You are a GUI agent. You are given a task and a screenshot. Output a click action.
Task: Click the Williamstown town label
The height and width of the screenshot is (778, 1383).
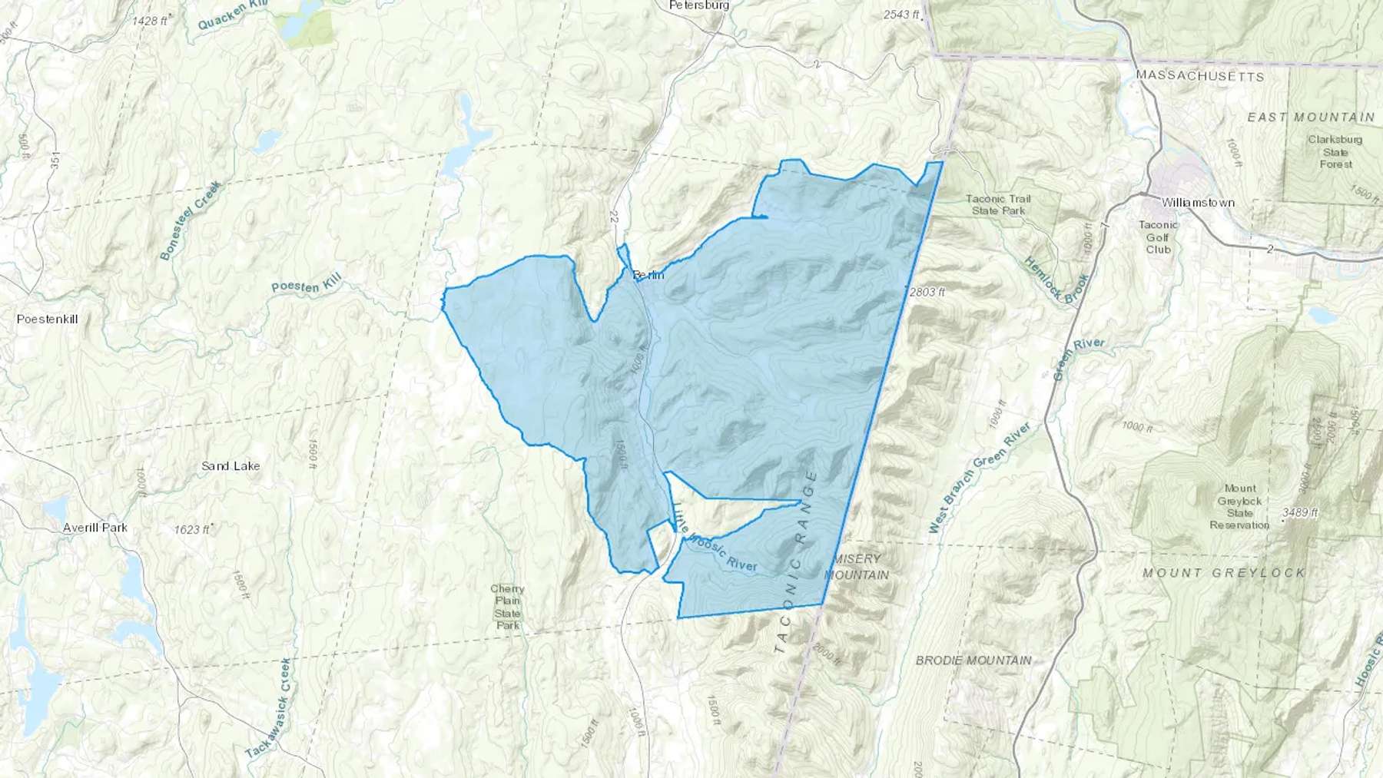[x=1198, y=203]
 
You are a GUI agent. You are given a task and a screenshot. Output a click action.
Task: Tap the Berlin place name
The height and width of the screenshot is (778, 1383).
[x=648, y=275]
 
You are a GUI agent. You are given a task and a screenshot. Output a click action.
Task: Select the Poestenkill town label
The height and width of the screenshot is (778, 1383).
[x=48, y=319]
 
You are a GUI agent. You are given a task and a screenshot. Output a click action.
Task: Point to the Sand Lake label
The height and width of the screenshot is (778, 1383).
[x=230, y=466]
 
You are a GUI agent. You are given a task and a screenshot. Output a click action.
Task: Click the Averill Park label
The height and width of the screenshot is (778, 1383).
[x=96, y=528]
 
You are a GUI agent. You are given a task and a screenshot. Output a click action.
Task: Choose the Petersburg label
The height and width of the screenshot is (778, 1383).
[x=698, y=5]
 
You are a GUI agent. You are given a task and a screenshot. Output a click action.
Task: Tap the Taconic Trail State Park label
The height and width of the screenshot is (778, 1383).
[x=998, y=204]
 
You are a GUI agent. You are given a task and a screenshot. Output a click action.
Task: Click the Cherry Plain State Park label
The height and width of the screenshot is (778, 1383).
[x=507, y=608]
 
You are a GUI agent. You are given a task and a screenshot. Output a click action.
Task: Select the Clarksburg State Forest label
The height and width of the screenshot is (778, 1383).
[x=1335, y=151]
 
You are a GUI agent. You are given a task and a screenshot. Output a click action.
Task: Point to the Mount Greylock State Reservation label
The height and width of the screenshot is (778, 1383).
[x=1239, y=506]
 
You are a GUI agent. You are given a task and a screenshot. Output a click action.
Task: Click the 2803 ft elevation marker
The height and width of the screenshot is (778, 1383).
[x=927, y=292]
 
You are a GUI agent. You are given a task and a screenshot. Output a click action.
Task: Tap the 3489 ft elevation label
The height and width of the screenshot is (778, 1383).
[x=1300, y=512]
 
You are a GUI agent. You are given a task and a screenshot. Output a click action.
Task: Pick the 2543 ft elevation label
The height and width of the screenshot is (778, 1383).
[x=901, y=15]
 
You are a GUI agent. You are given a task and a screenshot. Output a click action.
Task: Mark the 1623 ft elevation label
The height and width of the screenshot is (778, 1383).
[x=191, y=529]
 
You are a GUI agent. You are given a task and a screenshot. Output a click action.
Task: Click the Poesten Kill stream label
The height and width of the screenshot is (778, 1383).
[x=306, y=284]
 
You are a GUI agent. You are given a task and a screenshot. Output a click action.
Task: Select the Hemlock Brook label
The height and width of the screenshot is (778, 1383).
[x=1056, y=281]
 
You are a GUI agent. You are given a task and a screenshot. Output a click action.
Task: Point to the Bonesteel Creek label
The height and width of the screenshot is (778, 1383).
[x=191, y=220]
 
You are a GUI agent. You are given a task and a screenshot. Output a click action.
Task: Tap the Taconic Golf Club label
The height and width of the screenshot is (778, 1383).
[x=1158, y=237]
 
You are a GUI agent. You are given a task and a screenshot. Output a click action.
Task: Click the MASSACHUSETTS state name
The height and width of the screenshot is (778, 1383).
[x=1200, y=76]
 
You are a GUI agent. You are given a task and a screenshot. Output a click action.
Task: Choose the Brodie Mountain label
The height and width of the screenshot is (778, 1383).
[x=973, y=660]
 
